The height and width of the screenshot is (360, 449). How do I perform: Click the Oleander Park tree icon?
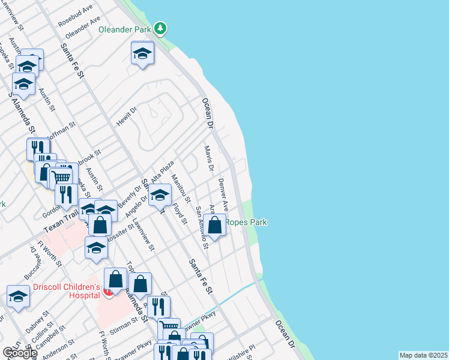point(160,28)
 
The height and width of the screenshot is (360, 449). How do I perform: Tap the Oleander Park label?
point(124,28)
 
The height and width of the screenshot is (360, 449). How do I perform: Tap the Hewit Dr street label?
point(127,116)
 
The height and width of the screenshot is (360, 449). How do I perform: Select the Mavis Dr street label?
point(209,158)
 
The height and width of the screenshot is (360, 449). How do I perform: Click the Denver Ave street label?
point(223,193)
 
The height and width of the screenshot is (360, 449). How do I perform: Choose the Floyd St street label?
point(178,213)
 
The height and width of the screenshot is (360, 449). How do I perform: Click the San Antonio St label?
point(202,227)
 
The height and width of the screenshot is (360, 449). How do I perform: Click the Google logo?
point(19,353)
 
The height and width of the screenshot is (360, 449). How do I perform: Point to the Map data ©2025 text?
point(423,355)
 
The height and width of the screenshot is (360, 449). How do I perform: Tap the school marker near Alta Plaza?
point(160,195)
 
